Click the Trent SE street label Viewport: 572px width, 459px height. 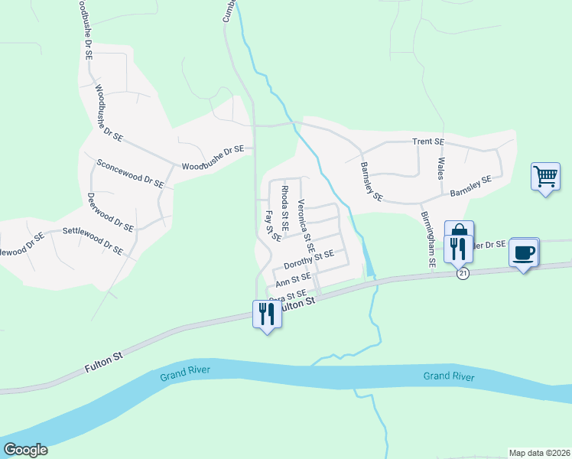(428, 142)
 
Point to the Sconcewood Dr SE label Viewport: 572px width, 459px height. (130, 174)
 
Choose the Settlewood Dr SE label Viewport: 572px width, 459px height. (93, 239)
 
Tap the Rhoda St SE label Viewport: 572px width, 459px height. (284, 207)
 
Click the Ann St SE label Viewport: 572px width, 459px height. (293, 279)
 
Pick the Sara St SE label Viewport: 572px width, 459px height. (288, 295)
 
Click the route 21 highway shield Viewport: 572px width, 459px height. (462, 273)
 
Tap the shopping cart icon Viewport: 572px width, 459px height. (545, 177)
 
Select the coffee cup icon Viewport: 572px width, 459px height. (524, 252)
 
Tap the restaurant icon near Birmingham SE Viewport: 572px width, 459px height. (457, 248)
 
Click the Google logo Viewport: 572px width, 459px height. (25, 450)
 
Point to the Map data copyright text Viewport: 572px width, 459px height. (538, 453)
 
